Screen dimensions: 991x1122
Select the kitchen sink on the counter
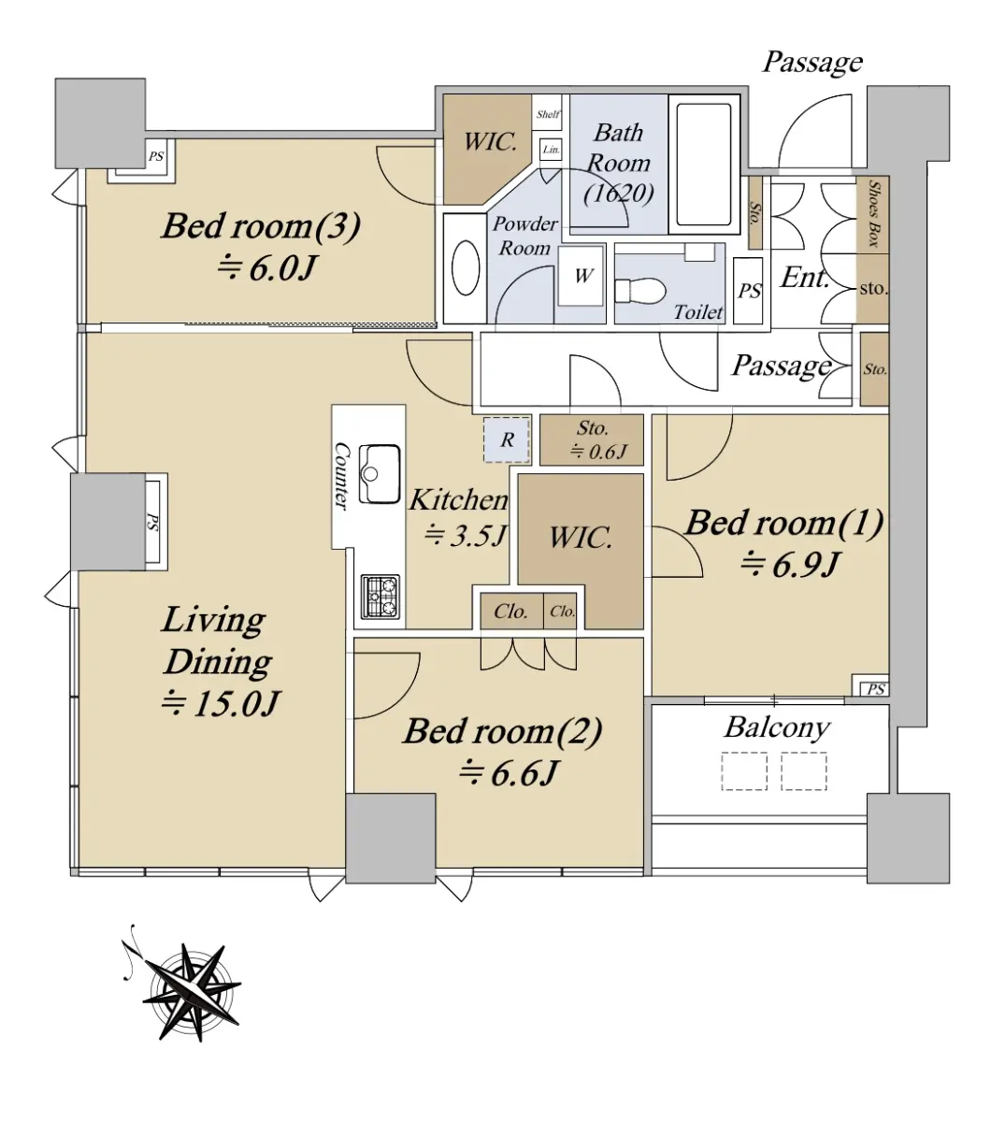point(380,473)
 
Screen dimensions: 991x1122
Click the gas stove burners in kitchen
point(381,597)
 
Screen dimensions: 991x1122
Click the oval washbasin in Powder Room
point(466,268)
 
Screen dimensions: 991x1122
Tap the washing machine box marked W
point(581,276)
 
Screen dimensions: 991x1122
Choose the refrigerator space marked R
point(507,440)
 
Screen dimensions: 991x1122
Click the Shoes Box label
point(873,213)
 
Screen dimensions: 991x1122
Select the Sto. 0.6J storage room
point(592,439)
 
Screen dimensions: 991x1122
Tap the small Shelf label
point(547,114)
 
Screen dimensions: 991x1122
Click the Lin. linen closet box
point(551,150)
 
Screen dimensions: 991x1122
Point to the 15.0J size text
point(221,704)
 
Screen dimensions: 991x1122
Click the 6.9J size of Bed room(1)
point(791,565)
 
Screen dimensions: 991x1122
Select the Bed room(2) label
point(502,731)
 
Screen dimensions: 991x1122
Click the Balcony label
point(777,727)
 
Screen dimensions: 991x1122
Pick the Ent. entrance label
point(805,278)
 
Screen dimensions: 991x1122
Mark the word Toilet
point(698,312)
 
